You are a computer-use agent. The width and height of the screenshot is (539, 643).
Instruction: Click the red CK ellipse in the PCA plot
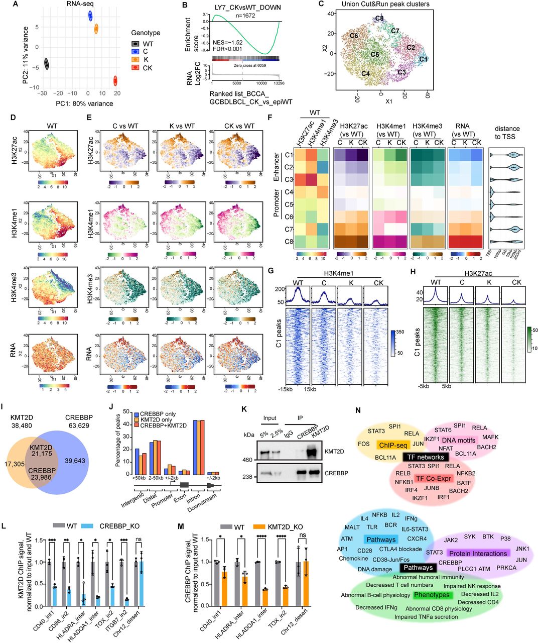click(x=115, y=80)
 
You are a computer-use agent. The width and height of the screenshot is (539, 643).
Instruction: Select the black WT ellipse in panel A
click(x=47, y=64)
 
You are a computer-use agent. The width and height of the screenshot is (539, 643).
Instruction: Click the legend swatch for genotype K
click(x=134, y=60)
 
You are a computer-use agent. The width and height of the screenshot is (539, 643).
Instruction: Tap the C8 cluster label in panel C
click(x=379, y=19)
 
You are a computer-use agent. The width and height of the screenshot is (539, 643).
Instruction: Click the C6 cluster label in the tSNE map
click(x=354, y=36)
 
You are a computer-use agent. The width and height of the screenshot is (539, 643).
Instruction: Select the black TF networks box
click(x=425, y=457)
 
